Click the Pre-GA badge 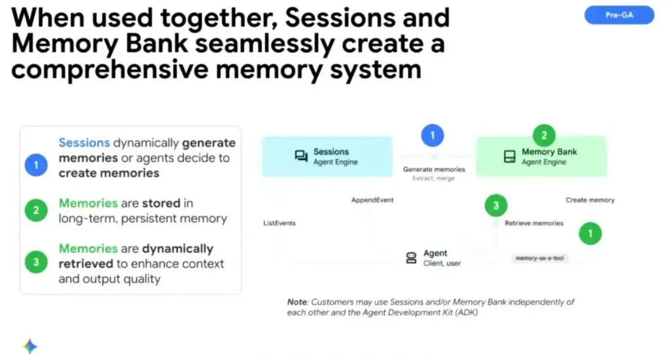[x=619, y=14]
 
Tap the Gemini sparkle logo [x=30, y=346]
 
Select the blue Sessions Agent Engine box [x=327, y=156]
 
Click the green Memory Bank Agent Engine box [x=541, y=157]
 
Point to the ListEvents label [x=279, y=223]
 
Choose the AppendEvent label [x=372, y=200]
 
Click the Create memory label [x=590, y=200]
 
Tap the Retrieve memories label [x=534, y=223]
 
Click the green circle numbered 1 [x=591, y=233]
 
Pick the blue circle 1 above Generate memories [x=432, y=136]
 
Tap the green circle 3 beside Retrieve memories [x=496, y=206]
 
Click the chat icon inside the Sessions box [x=301, y=156]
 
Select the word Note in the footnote [x=297, y=303]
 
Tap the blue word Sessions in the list [x=84, y=142]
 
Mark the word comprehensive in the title [x=108, y=68]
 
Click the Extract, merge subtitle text [x=433, y=178]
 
